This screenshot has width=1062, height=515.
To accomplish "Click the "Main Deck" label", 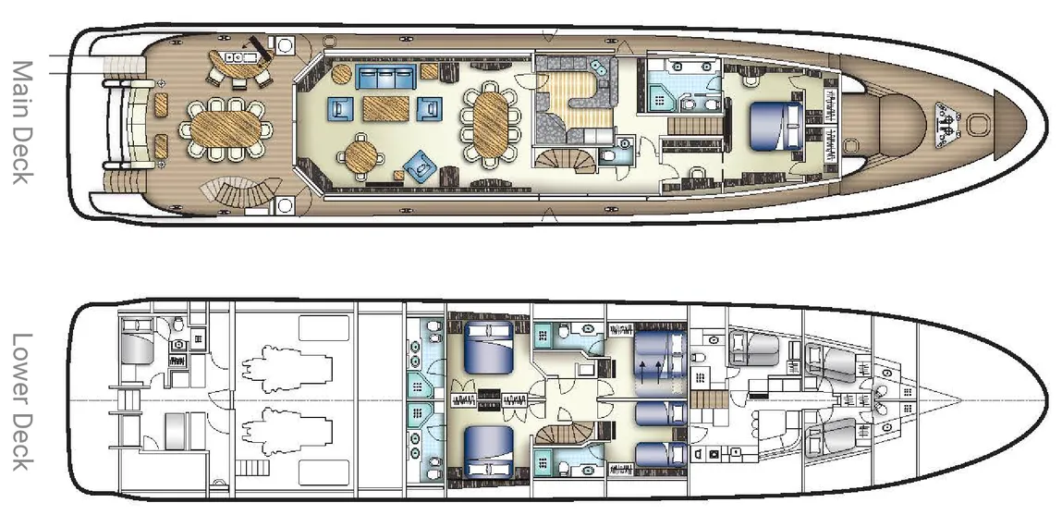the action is pyautogui.click(x=22, y=122).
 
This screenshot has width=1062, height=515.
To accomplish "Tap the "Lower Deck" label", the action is pyautogui.click(x=22, y=402).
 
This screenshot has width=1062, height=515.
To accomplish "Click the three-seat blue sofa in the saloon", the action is pyautogui.click(x=385, y=78).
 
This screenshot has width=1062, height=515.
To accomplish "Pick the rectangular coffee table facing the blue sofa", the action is pyautogui.click(x=385, y=108).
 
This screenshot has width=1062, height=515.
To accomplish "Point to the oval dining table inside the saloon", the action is pyautogui.click(x=491, y=124).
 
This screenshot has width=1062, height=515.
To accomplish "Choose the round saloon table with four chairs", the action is pyautogui.click(x=361, y=155).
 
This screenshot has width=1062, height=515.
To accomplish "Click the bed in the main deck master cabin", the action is pyautogui.click(x=776, y=126).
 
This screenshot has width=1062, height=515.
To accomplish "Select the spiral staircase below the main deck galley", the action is pyautogui.click(x=565, y=161).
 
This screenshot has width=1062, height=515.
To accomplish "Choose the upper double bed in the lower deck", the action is pyautogui.click(x=488, y=348).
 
